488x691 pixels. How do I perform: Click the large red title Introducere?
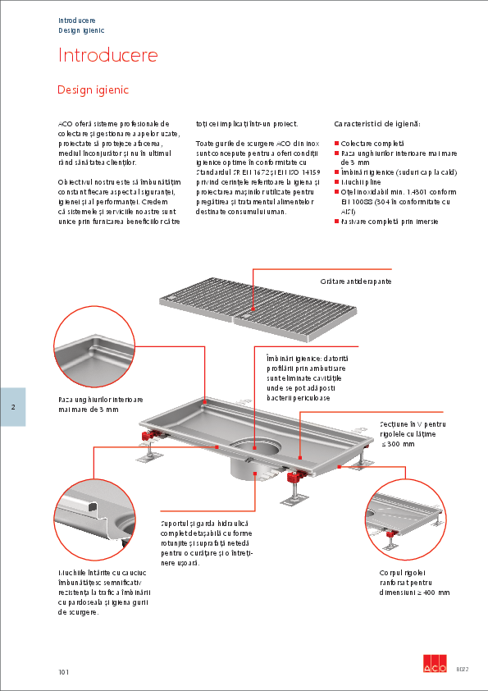click(107, 56)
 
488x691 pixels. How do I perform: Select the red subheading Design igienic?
click(93, 89)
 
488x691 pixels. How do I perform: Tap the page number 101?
click(64, 672)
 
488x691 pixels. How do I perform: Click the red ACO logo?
click(434, 665)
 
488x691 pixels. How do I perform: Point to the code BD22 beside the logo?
click(463, 670)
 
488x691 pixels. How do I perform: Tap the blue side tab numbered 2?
click(13, 407)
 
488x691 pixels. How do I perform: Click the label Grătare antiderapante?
click(355, 281)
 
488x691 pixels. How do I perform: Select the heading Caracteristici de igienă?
click(377, 123)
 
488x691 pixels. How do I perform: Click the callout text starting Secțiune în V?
click(413, 433)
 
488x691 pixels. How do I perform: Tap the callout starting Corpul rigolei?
click(414, 581)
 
